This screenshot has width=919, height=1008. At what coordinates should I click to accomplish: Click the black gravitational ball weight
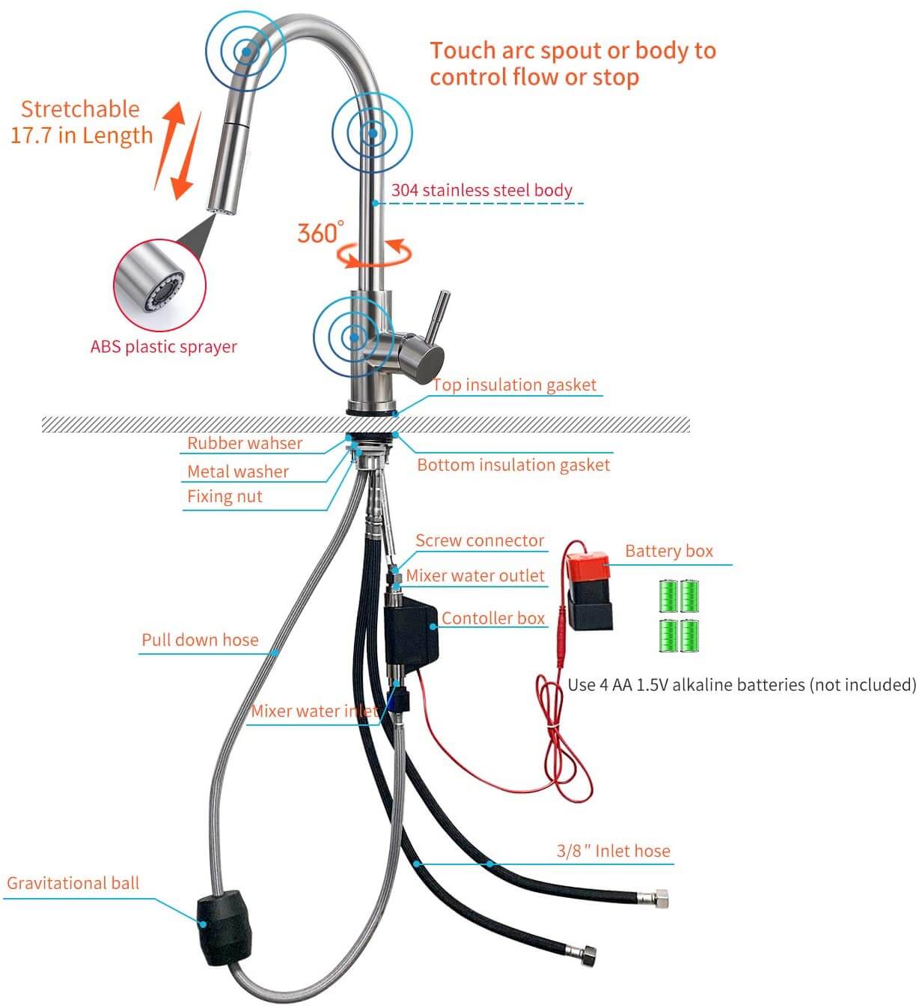[224, 928]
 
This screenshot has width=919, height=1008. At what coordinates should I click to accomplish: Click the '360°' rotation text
[320, 233]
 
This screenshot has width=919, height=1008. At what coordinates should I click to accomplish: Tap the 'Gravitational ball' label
[73, 883]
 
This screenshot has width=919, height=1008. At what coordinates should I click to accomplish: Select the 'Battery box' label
[668, 552]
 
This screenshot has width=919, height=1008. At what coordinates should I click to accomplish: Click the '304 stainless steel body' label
[481, 191]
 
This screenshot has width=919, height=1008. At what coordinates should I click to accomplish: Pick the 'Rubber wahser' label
[245, 443]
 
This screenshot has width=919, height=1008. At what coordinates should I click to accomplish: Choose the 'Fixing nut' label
[225, 496]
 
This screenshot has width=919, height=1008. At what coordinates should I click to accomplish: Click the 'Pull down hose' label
[200, 640]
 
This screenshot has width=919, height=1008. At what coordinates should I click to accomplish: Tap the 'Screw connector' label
[480, 540]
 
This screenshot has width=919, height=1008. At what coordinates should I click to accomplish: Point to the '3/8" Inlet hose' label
[613, 851]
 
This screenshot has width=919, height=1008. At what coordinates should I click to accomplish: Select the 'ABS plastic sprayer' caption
[163, 346]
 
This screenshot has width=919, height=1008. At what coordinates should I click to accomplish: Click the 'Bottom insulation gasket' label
[513, 465]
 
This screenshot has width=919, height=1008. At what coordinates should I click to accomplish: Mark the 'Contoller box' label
[492, 618]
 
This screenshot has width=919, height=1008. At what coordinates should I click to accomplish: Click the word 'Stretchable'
[80, 109]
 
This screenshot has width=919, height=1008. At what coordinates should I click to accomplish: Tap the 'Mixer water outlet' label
[475, 575]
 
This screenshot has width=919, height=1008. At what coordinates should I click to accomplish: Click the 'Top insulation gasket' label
[515, 385]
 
